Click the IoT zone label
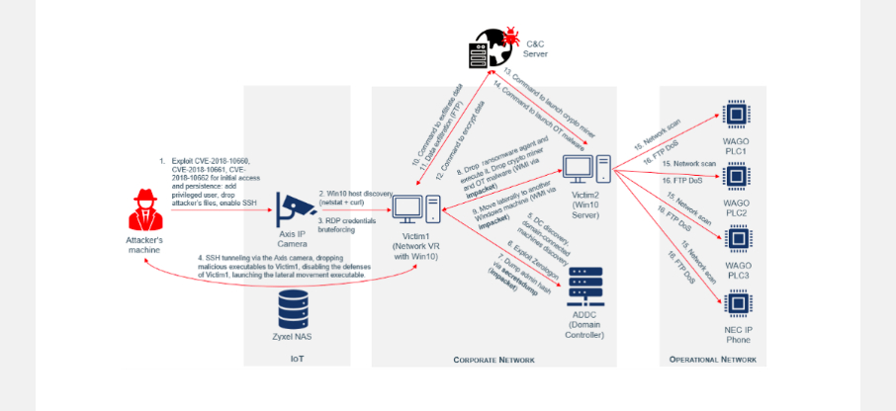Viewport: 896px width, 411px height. tap(297, 360)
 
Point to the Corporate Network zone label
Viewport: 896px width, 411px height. tap(493, 360)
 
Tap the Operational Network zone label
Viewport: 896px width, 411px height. tap(712, 360)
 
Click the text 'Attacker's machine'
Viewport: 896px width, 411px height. tap(144, 245)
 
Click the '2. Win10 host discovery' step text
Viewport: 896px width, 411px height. tap(355, 196)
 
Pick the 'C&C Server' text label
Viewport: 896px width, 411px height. tap(535, 48)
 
